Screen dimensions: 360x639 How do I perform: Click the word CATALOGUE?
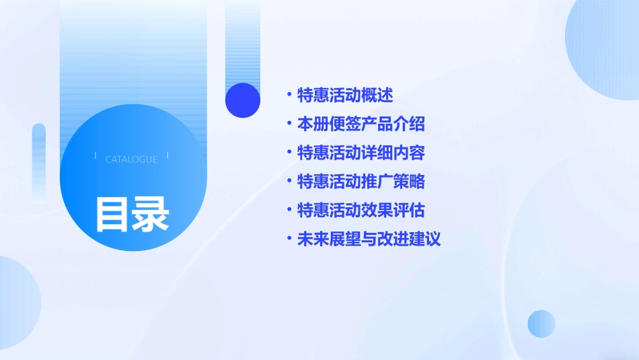point(131,159)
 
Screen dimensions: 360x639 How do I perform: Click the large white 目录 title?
point(132,214)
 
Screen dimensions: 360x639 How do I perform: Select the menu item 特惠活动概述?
point(345,95)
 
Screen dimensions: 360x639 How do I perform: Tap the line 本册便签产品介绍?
point(361,124)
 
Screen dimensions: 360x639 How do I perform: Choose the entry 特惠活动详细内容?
point(361,153)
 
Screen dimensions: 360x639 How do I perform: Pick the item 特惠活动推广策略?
point(361,182)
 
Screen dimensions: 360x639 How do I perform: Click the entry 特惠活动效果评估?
point(361,211)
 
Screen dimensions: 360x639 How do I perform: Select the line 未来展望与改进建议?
point(369,239)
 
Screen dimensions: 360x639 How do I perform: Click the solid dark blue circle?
point(243,100)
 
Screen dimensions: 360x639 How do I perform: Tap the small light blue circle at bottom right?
point(541,324)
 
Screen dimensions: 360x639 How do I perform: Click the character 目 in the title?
point(112,214)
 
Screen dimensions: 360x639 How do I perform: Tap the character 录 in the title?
point(151,214)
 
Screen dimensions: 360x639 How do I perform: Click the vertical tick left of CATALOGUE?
point(96,155)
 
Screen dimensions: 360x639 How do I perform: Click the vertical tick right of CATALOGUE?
point(167,155)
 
